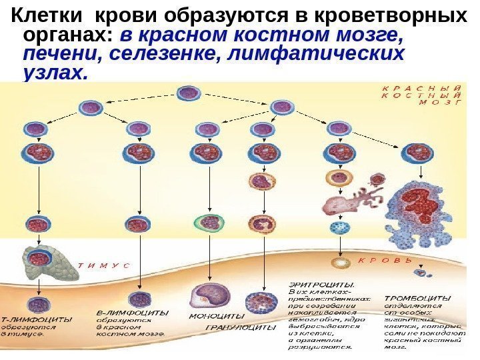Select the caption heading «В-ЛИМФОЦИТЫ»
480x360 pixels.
[131, 311]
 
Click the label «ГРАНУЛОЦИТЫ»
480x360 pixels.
[240, 328]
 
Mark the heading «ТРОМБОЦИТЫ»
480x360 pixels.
[417, 297]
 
